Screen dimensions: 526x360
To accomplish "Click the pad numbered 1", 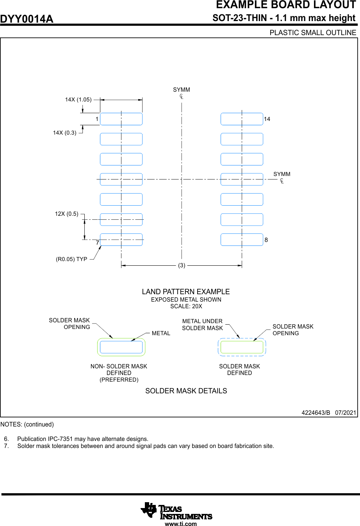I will coord(121,119).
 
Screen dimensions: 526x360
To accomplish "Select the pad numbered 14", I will coord(242,119).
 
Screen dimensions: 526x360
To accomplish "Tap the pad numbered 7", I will coord(121,240).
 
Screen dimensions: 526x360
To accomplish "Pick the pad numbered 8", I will coord(242,240).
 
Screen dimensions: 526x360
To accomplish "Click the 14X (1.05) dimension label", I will coord(78,100).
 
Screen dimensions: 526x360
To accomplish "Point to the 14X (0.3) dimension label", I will coord(65,133).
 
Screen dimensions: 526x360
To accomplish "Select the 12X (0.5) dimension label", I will coord(66,214).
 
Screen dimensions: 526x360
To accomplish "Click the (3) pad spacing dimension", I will coord(182,265).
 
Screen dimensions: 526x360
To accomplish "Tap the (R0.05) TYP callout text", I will coord(71,259).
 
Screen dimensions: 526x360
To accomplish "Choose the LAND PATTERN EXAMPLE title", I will coord(186,291).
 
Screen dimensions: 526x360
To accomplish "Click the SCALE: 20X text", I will coord(186,306).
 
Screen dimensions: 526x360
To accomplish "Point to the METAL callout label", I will coord(161,333).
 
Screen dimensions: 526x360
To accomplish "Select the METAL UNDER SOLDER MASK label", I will coord(202,325).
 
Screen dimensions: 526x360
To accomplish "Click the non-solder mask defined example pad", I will coord(121,347).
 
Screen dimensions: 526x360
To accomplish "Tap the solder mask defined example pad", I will coord(242,347).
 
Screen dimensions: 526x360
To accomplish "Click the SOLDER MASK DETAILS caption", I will coord(186,391).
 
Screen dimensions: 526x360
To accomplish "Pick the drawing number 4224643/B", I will coord(315,412).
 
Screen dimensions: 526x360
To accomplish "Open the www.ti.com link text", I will coord(181,524).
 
